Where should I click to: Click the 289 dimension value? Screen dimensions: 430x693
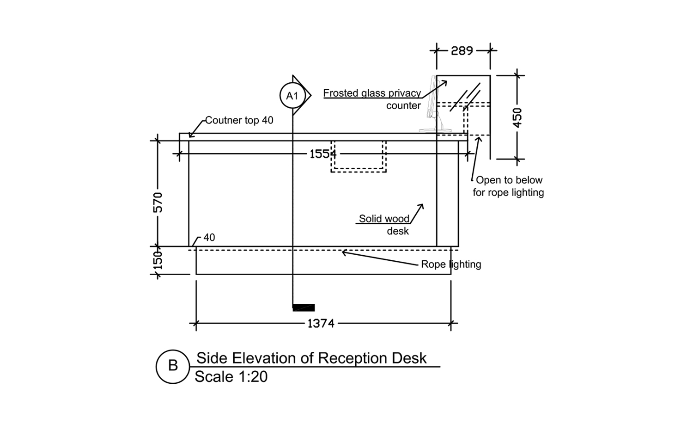coord(462,50)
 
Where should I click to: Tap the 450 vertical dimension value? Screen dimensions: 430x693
coord(517,117)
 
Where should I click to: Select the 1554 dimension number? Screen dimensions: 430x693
coord(322,154)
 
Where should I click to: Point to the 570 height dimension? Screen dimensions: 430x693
coord(158,203)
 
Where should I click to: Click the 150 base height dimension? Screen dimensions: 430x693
coord(158,261)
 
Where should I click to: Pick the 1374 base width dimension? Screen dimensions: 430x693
coord(321,323)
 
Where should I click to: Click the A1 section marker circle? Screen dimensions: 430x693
coord(292,96)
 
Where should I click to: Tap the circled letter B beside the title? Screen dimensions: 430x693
coord(173,366)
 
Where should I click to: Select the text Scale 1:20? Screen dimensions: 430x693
coord(231,377)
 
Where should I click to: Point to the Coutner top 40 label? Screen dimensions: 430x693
coord(239,120)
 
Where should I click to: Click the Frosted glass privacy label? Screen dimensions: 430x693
coord(372,93)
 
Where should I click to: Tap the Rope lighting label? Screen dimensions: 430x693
coord(450,264)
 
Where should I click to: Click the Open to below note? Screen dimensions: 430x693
coord(508,180)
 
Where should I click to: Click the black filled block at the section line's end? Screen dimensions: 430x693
coord(304,308)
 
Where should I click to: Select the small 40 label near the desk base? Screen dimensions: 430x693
coord(209,238)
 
